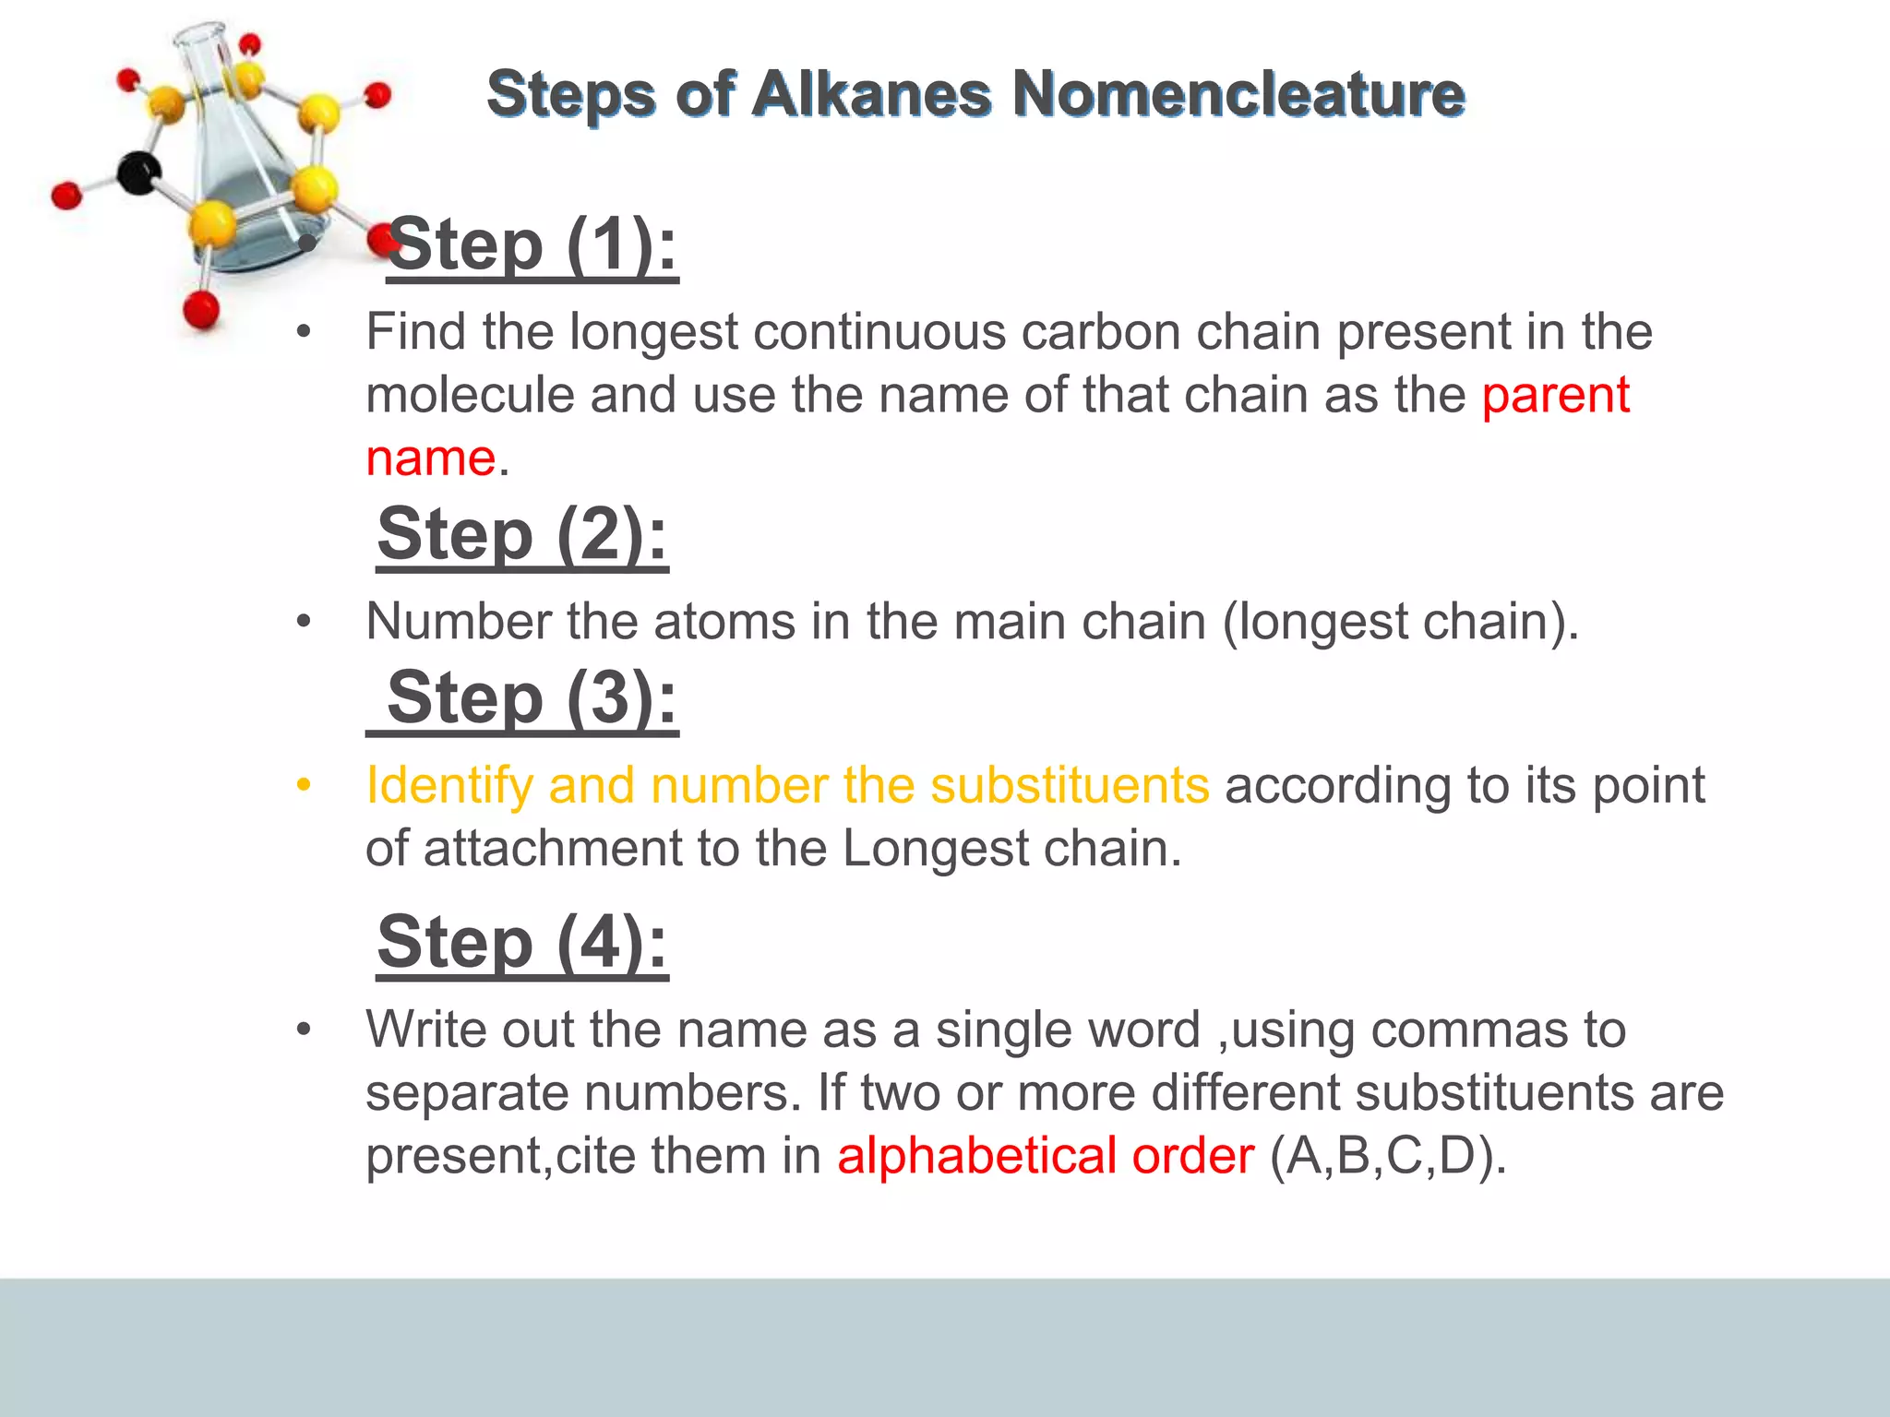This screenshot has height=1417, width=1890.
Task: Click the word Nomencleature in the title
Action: point(1238,94)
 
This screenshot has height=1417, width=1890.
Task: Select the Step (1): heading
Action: point(532,246)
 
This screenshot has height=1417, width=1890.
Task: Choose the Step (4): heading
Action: point(522,943)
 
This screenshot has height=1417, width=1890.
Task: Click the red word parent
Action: point(1556,396)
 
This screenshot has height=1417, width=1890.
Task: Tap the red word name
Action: point(430,458)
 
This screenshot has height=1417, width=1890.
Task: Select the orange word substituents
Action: point(1069,786)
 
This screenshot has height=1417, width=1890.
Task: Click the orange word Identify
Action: point(449,786)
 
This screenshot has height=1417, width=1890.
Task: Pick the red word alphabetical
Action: point(976,1156)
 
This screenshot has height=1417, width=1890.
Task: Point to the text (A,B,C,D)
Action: point(1387,1156)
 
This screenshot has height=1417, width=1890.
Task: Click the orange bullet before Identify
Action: point(304,785)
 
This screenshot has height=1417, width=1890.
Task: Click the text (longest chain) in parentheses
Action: point(1397,622)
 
